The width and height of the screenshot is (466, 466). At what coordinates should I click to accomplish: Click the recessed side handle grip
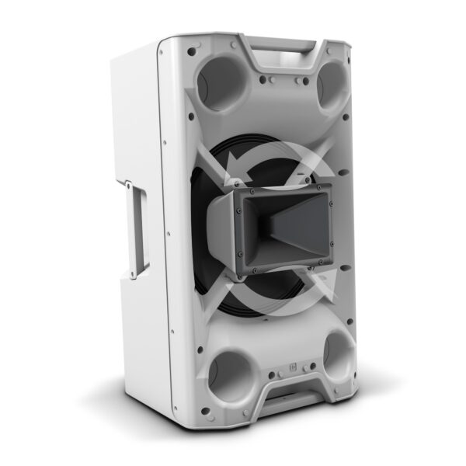(138, 231)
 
